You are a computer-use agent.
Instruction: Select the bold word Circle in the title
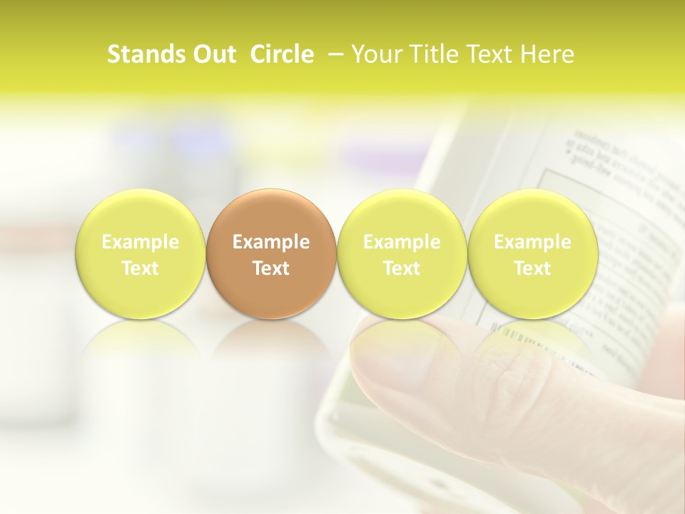pyautogui.click(x=282, y=54)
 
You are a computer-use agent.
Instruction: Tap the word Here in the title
pyautogui.click(x=547, y=54)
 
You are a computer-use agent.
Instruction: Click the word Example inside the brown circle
pyautogui.click(x=271, y=242)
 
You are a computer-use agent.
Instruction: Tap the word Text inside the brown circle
pyautogui.click(x=271, y=268)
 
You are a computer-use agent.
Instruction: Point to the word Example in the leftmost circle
pyautogui.click(x=140, y=242)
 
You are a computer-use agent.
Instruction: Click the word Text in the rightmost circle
pyautogui.click(x=532, y=268)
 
